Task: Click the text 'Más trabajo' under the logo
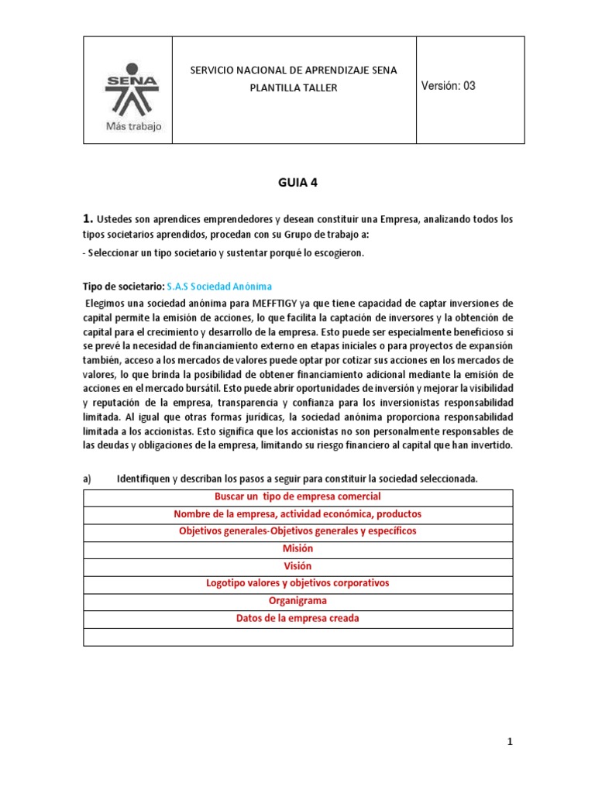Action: click(x=133, y=127)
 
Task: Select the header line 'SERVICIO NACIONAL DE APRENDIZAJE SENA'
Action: click(x=294, y=70)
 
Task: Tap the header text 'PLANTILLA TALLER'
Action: click(x=294, y=88)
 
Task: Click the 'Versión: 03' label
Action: click(x=449, y=86)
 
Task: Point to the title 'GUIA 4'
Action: click(x=297, y=183)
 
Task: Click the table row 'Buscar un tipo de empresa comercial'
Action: click(x=297, y=496)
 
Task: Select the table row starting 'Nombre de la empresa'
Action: click(x=297, y=514)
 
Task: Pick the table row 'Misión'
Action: click(x=297, y=548)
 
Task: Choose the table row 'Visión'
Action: click(x=297, y=565)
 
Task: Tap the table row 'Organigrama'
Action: click(x=297, y=600)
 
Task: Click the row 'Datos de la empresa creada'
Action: click(x=297, y=618)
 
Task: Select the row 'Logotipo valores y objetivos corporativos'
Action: click(x=297, y=583)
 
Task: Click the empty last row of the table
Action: click(x=297, y=636)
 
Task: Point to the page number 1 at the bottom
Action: click(x=510, y=742)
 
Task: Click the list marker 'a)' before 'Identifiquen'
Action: click(x=88, y=479)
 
